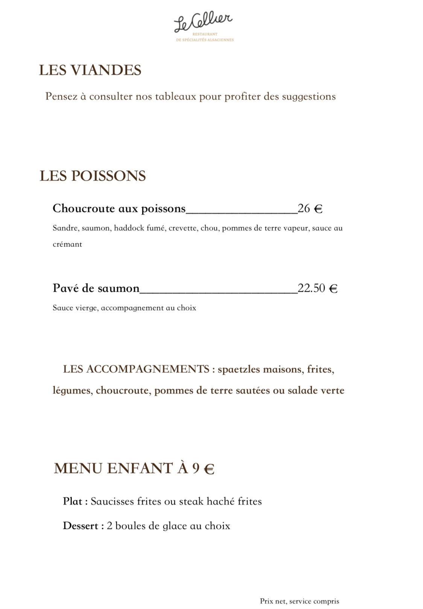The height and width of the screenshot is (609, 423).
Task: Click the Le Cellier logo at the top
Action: (204, 26)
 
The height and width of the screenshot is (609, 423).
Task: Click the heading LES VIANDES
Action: (90, 70)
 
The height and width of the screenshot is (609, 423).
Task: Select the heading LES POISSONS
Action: (93, 176)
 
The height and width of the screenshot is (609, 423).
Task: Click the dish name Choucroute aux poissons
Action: (119, 209)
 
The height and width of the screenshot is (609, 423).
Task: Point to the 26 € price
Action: (310, 209)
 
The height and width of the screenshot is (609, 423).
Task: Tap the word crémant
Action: (67, 244)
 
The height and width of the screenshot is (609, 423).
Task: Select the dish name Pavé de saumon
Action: (96, 288)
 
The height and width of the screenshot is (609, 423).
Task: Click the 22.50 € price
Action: (317, 288)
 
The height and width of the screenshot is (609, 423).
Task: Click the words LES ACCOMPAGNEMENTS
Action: (136, 369)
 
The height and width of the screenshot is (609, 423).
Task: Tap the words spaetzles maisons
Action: (260, 369)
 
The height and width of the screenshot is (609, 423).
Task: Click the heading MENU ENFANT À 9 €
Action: (134, 469)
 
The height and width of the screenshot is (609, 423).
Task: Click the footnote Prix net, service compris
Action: (299, 601)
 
